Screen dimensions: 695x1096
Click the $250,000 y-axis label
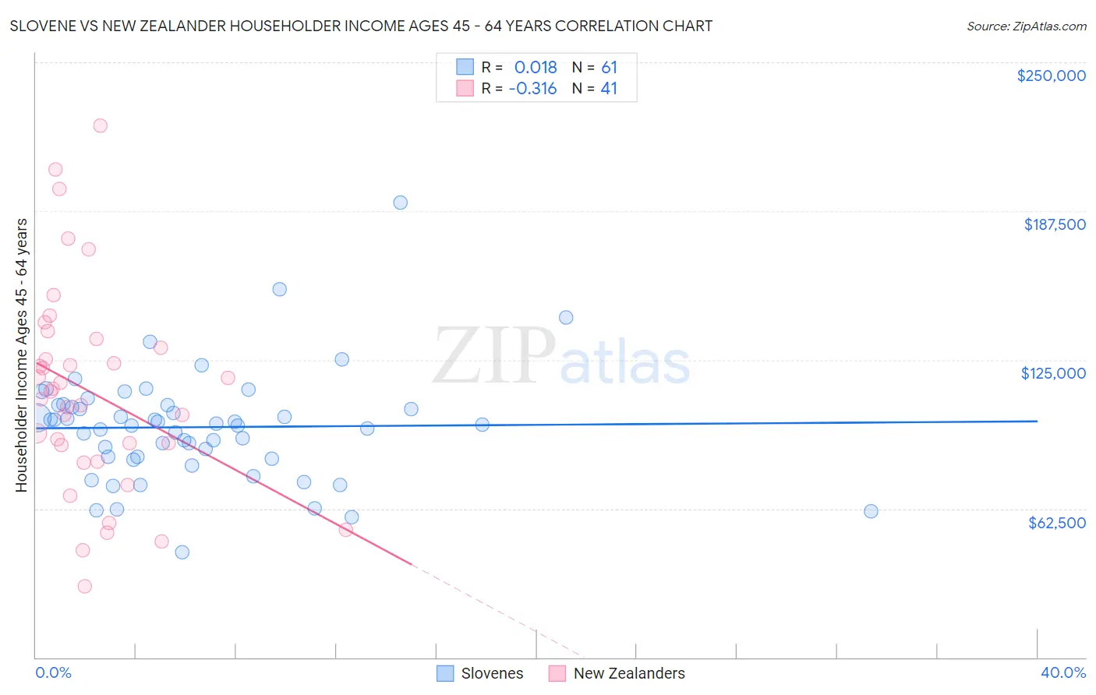[x=1051, y=76]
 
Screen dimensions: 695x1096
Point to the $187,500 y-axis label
[x=1054, y=224]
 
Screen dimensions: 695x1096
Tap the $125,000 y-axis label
[x=1053, y=373]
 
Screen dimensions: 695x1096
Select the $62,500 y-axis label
[x=1056, y=523]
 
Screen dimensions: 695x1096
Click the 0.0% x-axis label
[x=53, y=672]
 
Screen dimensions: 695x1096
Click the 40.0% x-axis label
[x=1062, y=672]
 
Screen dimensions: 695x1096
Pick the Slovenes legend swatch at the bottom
[x=445, y=673]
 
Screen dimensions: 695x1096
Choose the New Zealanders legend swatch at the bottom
[x=557, y=673]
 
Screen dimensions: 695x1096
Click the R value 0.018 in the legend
[x=536, y=67]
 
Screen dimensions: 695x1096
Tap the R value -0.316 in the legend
[x=532, y=89]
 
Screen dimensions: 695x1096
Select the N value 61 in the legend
[x=609, y=67]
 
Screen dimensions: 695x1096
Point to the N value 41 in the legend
[x=609, y=89]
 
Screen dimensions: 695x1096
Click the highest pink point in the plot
[x=100, y=125]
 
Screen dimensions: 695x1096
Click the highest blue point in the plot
[x=400, y=203]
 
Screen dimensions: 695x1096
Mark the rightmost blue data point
[x=871, y=511]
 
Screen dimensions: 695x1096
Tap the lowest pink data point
[x=84, y=586]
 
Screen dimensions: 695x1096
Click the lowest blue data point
[x=182, y=552]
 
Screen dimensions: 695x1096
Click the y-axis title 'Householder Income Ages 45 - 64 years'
[x=22, y=355]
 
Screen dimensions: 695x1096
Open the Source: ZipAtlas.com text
[x=1026, y=26]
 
